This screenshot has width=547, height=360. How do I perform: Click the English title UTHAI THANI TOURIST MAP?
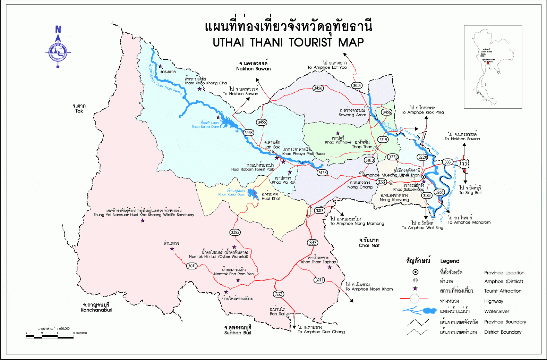click(288, 42)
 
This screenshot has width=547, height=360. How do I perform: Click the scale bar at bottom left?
click(50, 336)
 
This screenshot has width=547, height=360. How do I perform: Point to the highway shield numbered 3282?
click(235, 232)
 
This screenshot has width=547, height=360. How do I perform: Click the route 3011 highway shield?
click(192, 266)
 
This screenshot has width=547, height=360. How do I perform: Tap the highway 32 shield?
click(464, 164)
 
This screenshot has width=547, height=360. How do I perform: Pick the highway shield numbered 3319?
click(383, 140)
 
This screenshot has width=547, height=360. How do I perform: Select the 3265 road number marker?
click(439, 192)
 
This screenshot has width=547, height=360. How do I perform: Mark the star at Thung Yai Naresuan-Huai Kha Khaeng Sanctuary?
click(143, 220)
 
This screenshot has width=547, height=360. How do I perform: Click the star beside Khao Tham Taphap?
click(330, 267)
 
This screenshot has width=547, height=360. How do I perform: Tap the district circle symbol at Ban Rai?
click(288, 315)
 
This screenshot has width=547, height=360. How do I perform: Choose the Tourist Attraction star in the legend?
click(415, 288)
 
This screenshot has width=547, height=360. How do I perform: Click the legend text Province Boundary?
click(505, 322)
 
